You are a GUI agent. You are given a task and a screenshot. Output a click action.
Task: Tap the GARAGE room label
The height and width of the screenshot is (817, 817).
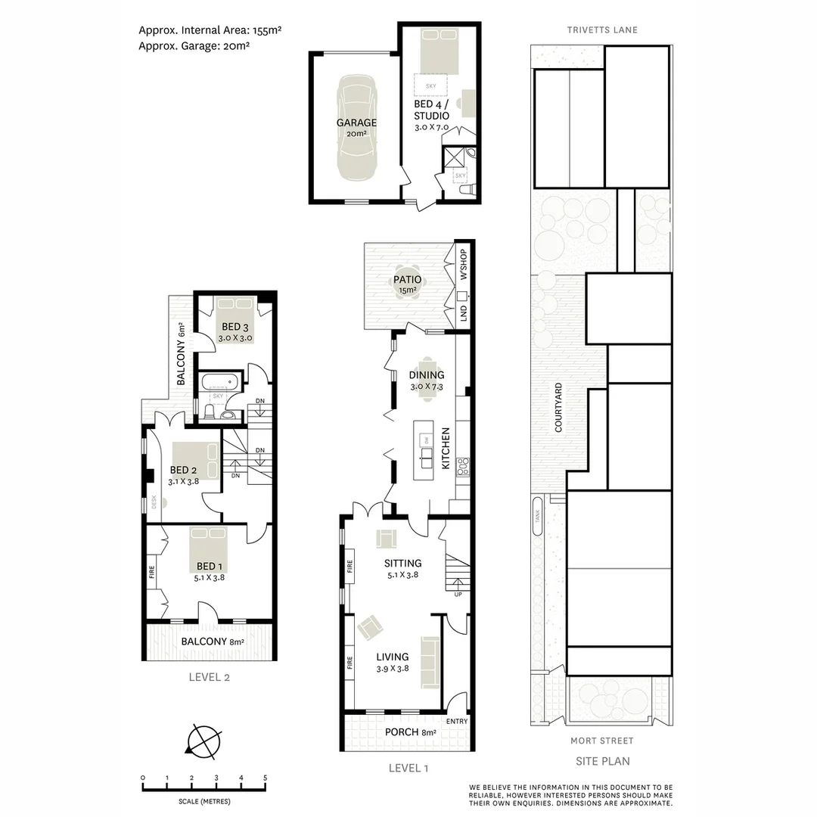coord(356,123)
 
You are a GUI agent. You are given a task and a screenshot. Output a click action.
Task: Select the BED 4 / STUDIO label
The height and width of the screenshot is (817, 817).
coord(431,110)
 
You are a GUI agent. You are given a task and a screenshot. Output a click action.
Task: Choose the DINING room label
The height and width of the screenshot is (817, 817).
coord(427,374)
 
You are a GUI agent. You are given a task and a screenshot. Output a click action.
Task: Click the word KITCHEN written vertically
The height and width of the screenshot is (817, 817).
coord(446,449)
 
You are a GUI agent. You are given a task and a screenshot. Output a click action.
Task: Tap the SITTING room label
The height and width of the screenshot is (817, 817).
coord(402,563)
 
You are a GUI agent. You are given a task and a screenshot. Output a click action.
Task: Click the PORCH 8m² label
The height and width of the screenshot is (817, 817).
coord(411,732)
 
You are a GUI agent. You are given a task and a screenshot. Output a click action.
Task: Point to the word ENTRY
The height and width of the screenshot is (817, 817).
coord(457,721)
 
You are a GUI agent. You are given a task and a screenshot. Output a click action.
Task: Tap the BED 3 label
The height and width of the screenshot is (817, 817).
coord(235,327)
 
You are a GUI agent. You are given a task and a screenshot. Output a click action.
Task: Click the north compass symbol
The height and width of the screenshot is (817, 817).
coord(203,739)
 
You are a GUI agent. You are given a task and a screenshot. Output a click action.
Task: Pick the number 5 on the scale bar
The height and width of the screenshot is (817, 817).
coord(265,778)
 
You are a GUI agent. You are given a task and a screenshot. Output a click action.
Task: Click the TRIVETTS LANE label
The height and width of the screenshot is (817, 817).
coord(602,30)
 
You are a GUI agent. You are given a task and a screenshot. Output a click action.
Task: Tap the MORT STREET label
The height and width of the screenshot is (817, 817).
coord(602,741)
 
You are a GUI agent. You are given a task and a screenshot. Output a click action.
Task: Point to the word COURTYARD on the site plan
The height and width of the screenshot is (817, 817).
coord(558,407)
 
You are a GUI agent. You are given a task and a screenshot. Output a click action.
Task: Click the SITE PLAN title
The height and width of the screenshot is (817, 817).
coord(602,761)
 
